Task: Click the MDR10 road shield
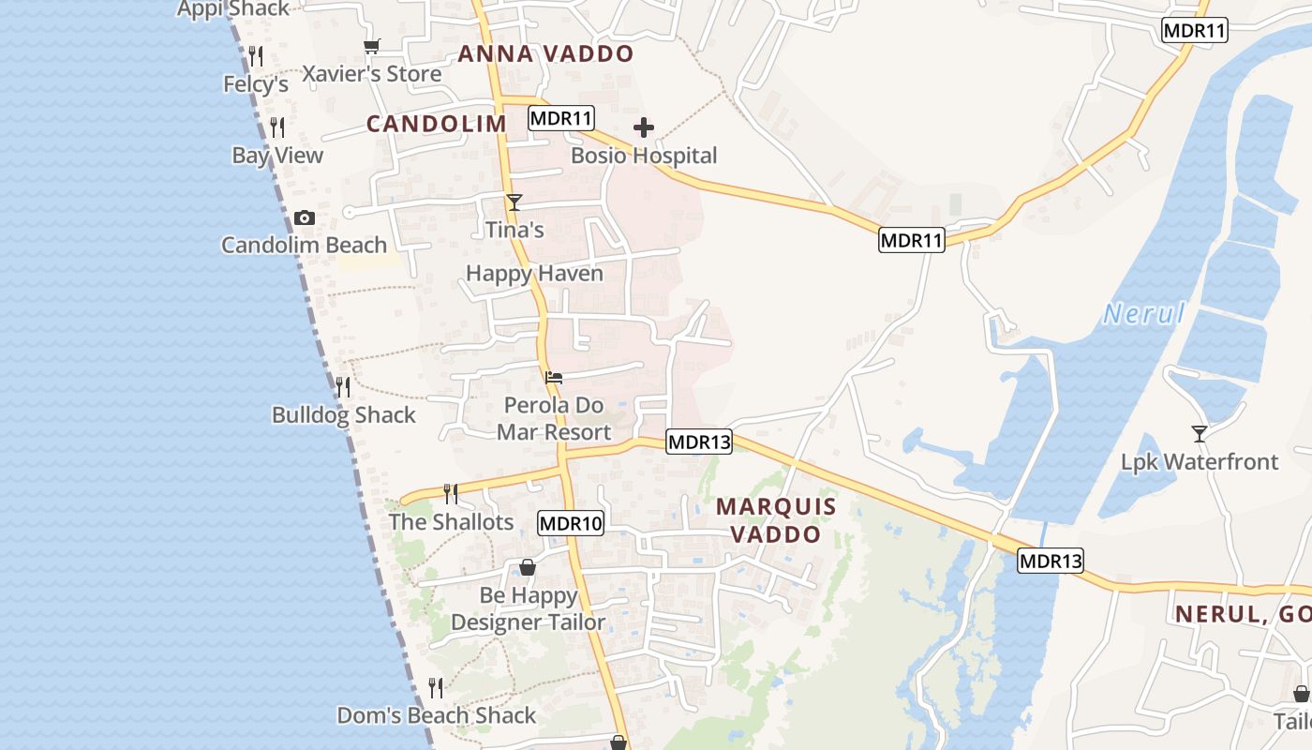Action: click(571, 523)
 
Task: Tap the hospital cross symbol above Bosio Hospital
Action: click(644, 127)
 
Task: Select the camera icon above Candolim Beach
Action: click(305, 218)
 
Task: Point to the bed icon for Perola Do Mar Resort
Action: click(554, 378)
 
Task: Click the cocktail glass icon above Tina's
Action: click(514, 202)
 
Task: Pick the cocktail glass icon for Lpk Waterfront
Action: click(1199, 433)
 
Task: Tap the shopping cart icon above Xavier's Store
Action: click(372, 46)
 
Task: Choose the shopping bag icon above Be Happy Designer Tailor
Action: click(528, 567)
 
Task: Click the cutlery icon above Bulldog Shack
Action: click(343, 386)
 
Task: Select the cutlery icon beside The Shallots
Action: click(451, 493)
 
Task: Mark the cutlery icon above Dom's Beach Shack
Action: click(436, 688)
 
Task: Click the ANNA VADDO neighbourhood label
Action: click(545, 54)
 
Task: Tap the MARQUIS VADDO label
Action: click(776, 520)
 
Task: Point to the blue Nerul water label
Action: click(1144, 314)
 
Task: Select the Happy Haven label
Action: click(534, 274)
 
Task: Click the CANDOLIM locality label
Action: click(436, 124)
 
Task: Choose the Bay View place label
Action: click(277, 156)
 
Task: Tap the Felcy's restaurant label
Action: click(256, 84)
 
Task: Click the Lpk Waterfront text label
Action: click(1200, 462)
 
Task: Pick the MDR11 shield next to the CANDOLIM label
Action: click(561, 118)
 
